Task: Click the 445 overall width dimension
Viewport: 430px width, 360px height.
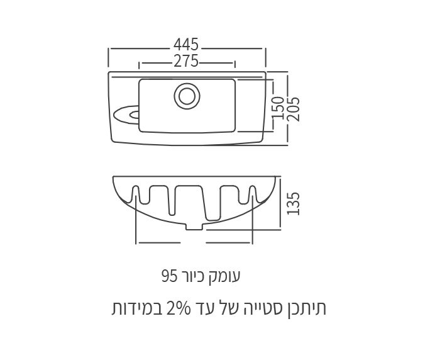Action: [187, 45]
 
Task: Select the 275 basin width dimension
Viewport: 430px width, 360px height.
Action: [187, 61]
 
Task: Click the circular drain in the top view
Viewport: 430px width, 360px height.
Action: [186, 95]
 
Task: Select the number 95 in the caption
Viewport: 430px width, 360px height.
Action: [168, 276]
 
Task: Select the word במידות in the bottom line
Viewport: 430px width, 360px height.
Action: [130, 309]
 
